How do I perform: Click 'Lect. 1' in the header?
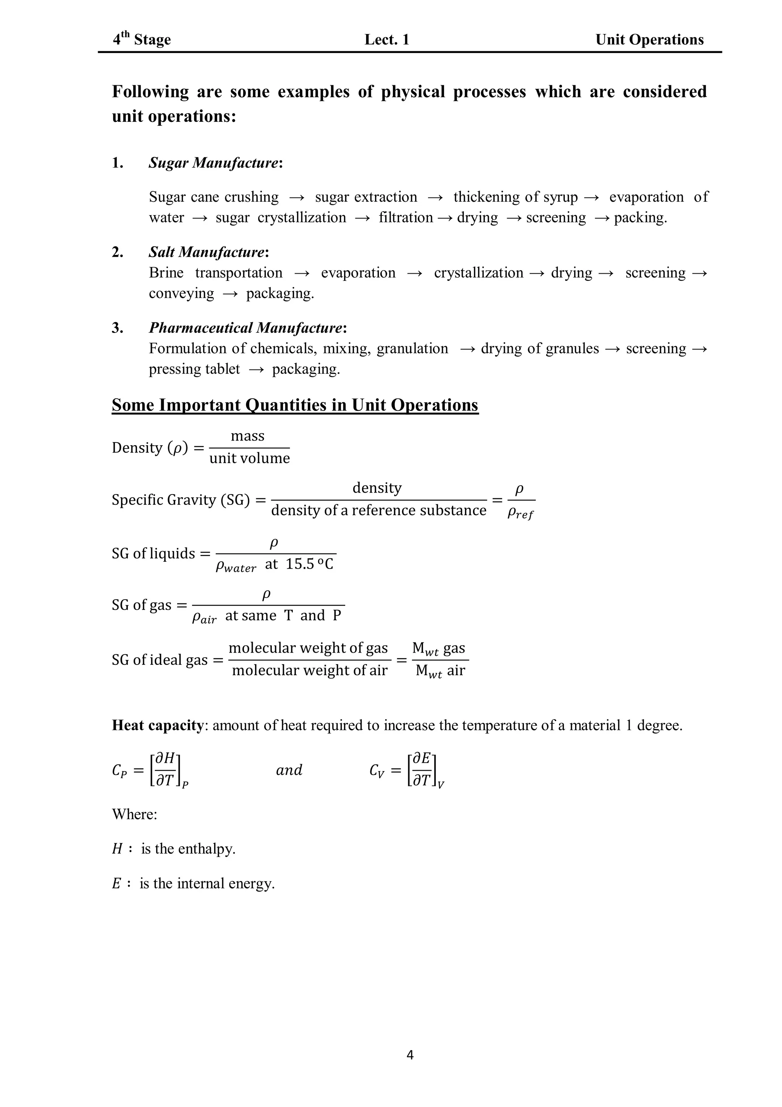click(x=387, y=39)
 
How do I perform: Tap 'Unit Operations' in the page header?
click(x=649, y=39)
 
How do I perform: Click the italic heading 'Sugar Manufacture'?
click(x=213, y=163)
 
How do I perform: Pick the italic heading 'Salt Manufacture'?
click(x=207, y=252)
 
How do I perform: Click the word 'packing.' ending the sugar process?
click(x=640, y=217)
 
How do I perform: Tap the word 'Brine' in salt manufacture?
click(x=166, y=273)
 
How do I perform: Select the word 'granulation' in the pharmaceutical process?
click(x=412, y=348)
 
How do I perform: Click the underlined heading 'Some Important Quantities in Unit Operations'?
click(x=295, y=405)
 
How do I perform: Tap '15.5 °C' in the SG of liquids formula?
click(x=309, y=564)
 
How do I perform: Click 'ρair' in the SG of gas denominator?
click(x=204, y=618)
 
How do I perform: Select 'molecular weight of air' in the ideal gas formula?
click(x=309, y=671)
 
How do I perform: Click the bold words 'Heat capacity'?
click(x=158, y=725)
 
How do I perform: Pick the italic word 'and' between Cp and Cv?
click(x=289, y=770)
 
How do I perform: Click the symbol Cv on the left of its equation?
click(x=377, y=771)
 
